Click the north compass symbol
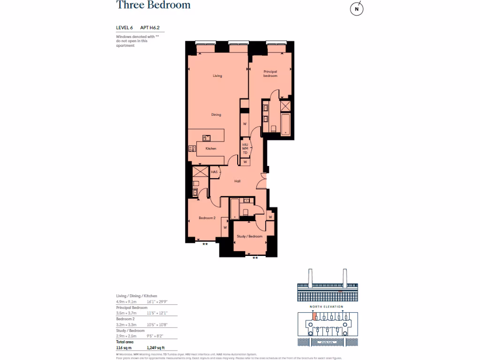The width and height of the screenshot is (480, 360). [357, 9]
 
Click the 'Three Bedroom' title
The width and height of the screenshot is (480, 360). [147, 6]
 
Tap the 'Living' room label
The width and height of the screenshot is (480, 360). [217, 75]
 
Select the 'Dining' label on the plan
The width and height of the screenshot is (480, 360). [216, 114]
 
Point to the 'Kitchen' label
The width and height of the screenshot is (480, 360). [211, 149]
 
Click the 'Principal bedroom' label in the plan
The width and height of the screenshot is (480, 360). [270, 74]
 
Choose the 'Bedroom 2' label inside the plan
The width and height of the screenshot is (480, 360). [207, 218]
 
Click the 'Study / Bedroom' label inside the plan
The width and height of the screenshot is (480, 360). [249, 236]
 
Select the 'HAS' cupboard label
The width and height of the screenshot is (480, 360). [214, 172]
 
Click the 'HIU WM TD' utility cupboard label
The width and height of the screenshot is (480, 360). [245, 148]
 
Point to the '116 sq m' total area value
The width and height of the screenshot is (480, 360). [124, 347]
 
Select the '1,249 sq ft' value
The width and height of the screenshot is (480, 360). [156, 347]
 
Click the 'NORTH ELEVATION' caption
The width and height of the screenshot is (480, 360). [327, 307]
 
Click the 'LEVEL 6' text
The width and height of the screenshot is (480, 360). [125, 28]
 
